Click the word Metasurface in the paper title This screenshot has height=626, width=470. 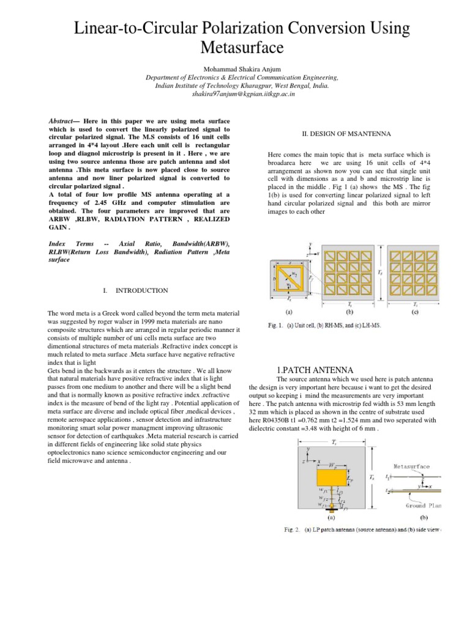click(235, 47)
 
